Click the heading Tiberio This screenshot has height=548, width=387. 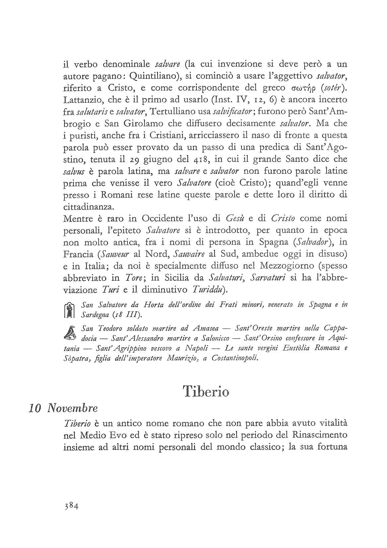206,391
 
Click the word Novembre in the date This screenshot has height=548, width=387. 72,408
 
